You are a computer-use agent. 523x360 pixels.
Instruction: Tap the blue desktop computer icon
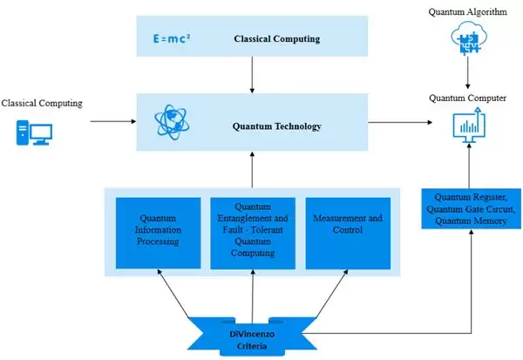click(35, 133)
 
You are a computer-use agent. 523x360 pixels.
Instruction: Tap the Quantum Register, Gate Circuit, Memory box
click(472, 208)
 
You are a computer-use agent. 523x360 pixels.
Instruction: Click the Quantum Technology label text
click(276, 126)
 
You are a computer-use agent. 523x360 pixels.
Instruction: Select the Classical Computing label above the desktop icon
click(42, 104)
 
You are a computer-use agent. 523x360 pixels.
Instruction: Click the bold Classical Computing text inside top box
click(277, 39)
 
